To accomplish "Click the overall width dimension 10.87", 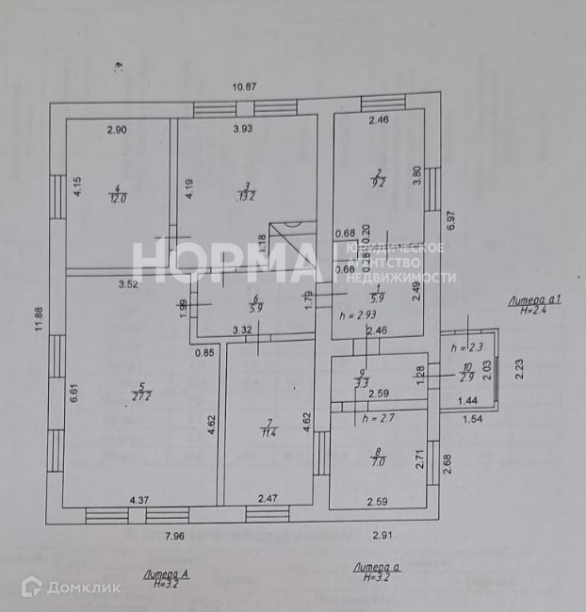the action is coord(245,87).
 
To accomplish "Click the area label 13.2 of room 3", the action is coord(247,196).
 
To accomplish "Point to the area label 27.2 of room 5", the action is coord(140,396).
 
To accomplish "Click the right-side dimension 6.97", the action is coord(450,221).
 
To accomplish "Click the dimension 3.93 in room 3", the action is coord(244,130).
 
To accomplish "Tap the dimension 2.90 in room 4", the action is coord(116,130).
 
